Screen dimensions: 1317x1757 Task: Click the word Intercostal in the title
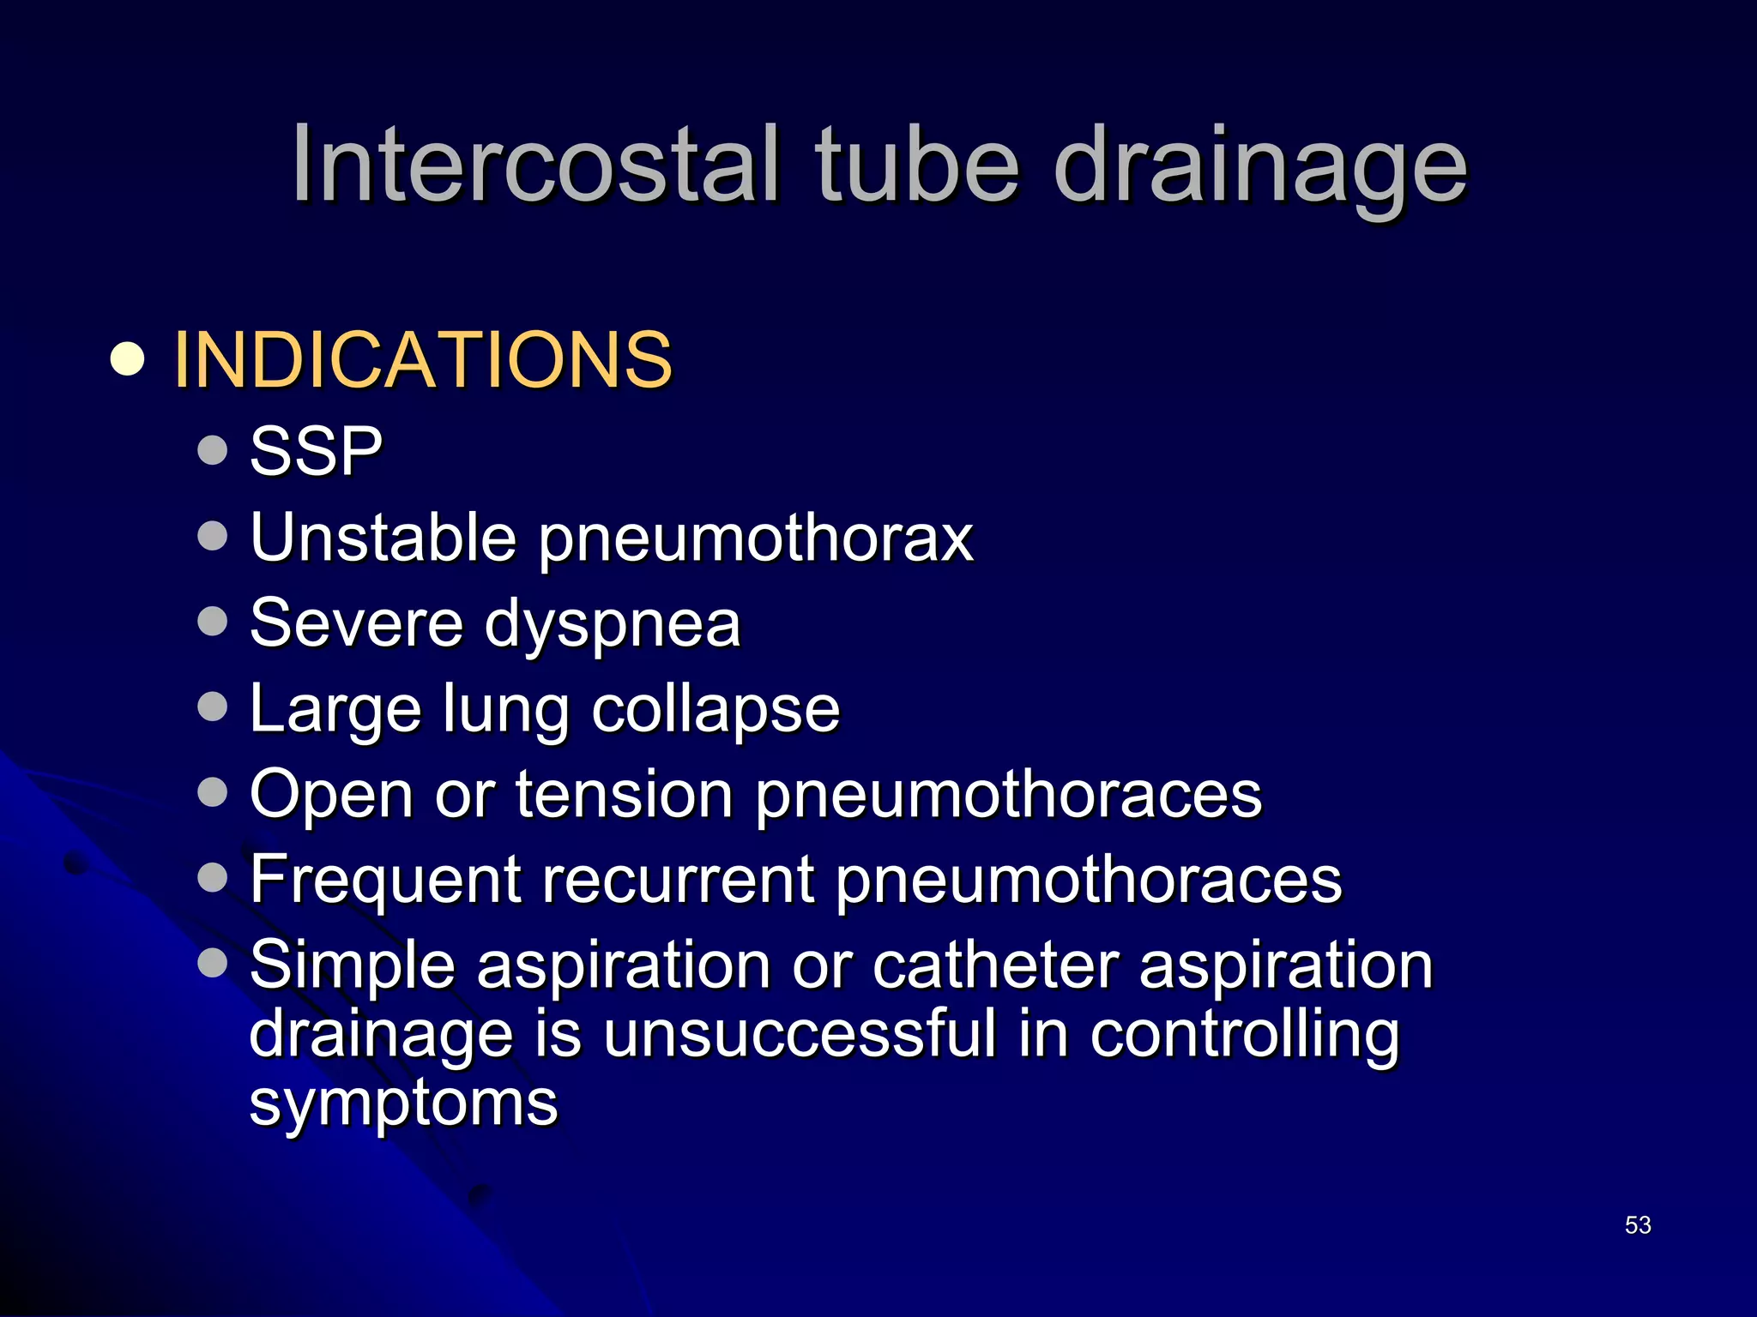click(535, 164)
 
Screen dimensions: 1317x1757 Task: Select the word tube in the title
click(917, 164)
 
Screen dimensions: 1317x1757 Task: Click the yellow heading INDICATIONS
click(422, 359)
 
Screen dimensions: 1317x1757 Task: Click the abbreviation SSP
click(316, 451)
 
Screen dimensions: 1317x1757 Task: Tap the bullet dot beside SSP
click(212, 449)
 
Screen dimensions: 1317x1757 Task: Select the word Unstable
click(383, 538)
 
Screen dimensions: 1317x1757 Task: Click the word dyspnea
click(612, 625)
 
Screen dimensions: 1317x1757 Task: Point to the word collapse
click(715, 711)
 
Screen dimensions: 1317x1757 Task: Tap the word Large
click(335, 711)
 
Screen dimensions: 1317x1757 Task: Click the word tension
click(624, 794)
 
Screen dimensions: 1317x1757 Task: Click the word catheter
click(996, 965)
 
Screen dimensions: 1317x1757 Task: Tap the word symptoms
click(403, 1104)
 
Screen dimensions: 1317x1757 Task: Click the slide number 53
click(1638, 1225)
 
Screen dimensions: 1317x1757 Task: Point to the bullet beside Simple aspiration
click(212, 962)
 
